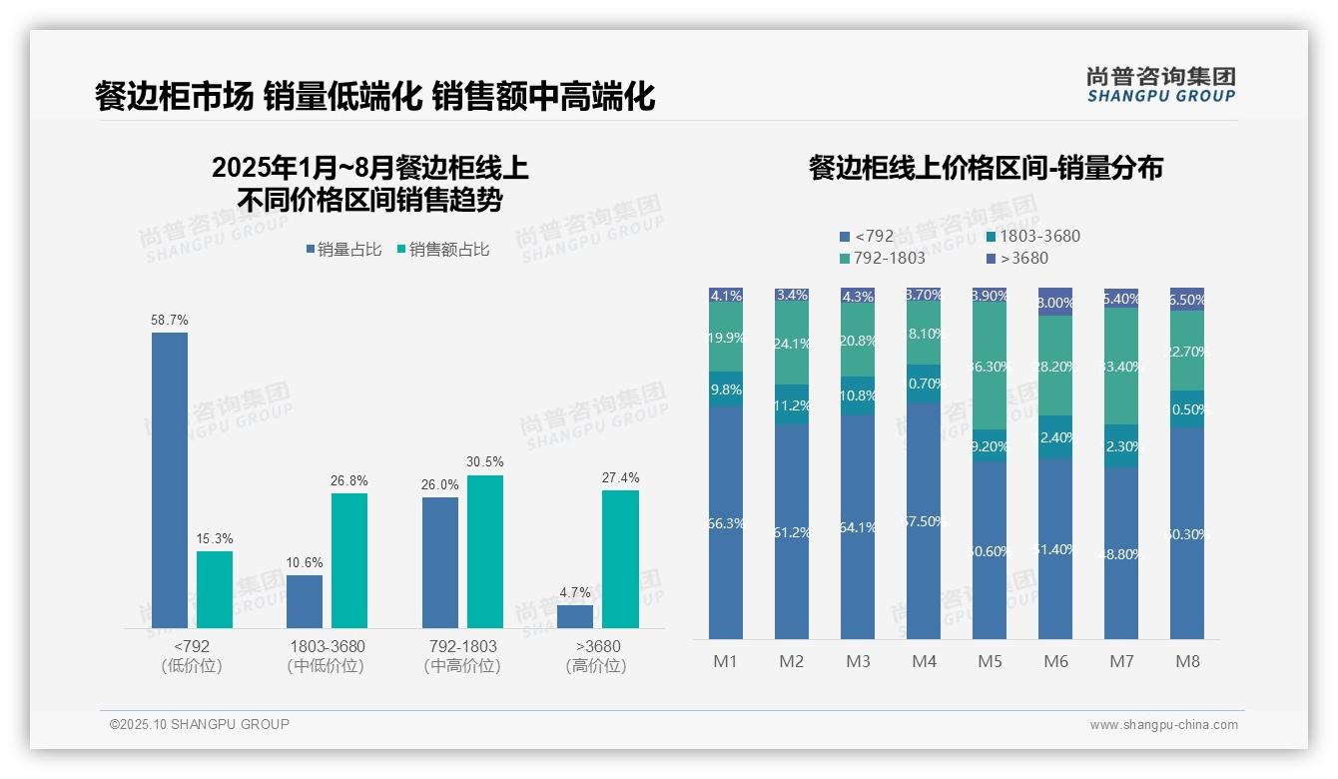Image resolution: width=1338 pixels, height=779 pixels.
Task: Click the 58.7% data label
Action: (x=170, y=320)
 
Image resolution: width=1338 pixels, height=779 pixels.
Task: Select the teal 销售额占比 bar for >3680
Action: (x=620, y=558)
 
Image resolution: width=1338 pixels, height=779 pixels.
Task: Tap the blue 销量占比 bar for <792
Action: (x=170, y=479)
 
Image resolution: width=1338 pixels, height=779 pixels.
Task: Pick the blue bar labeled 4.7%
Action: (x=575, y=616)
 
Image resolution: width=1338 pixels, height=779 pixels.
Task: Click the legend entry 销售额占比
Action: (x=443, y=250)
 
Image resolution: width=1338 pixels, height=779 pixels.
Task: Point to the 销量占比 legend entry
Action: (x=343, y=250)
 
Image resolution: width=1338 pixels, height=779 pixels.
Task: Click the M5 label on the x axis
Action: (x=990, y=661)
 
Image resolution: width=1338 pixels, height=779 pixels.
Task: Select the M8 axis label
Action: (x=1187, y=661)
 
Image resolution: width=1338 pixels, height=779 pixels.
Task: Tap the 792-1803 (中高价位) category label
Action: (x=461, y=656)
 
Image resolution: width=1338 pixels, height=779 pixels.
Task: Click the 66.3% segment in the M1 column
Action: (x=725, y=522)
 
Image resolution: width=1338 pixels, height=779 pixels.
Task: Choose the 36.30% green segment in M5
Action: (x=990, y=366)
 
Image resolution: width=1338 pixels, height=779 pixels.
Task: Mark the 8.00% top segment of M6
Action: (x=1055, y=302)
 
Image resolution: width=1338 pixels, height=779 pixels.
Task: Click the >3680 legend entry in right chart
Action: (x=1017, y=259)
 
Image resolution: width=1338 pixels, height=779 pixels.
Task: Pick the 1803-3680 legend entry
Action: (x=1032, y=237)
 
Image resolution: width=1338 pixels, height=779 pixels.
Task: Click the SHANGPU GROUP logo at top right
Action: (x=1161, y=85)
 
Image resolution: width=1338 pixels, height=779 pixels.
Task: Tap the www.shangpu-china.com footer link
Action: (x=1163, y=725)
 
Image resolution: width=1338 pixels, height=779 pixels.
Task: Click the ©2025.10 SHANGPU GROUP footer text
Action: (x=200, y=724)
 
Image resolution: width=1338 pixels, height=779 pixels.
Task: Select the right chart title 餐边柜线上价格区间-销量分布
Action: (x=986, y=168)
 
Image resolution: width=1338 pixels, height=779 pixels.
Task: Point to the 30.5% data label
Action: (x=485, y=461)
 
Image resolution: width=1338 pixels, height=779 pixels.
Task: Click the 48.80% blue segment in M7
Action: (x=1121, y=553)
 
